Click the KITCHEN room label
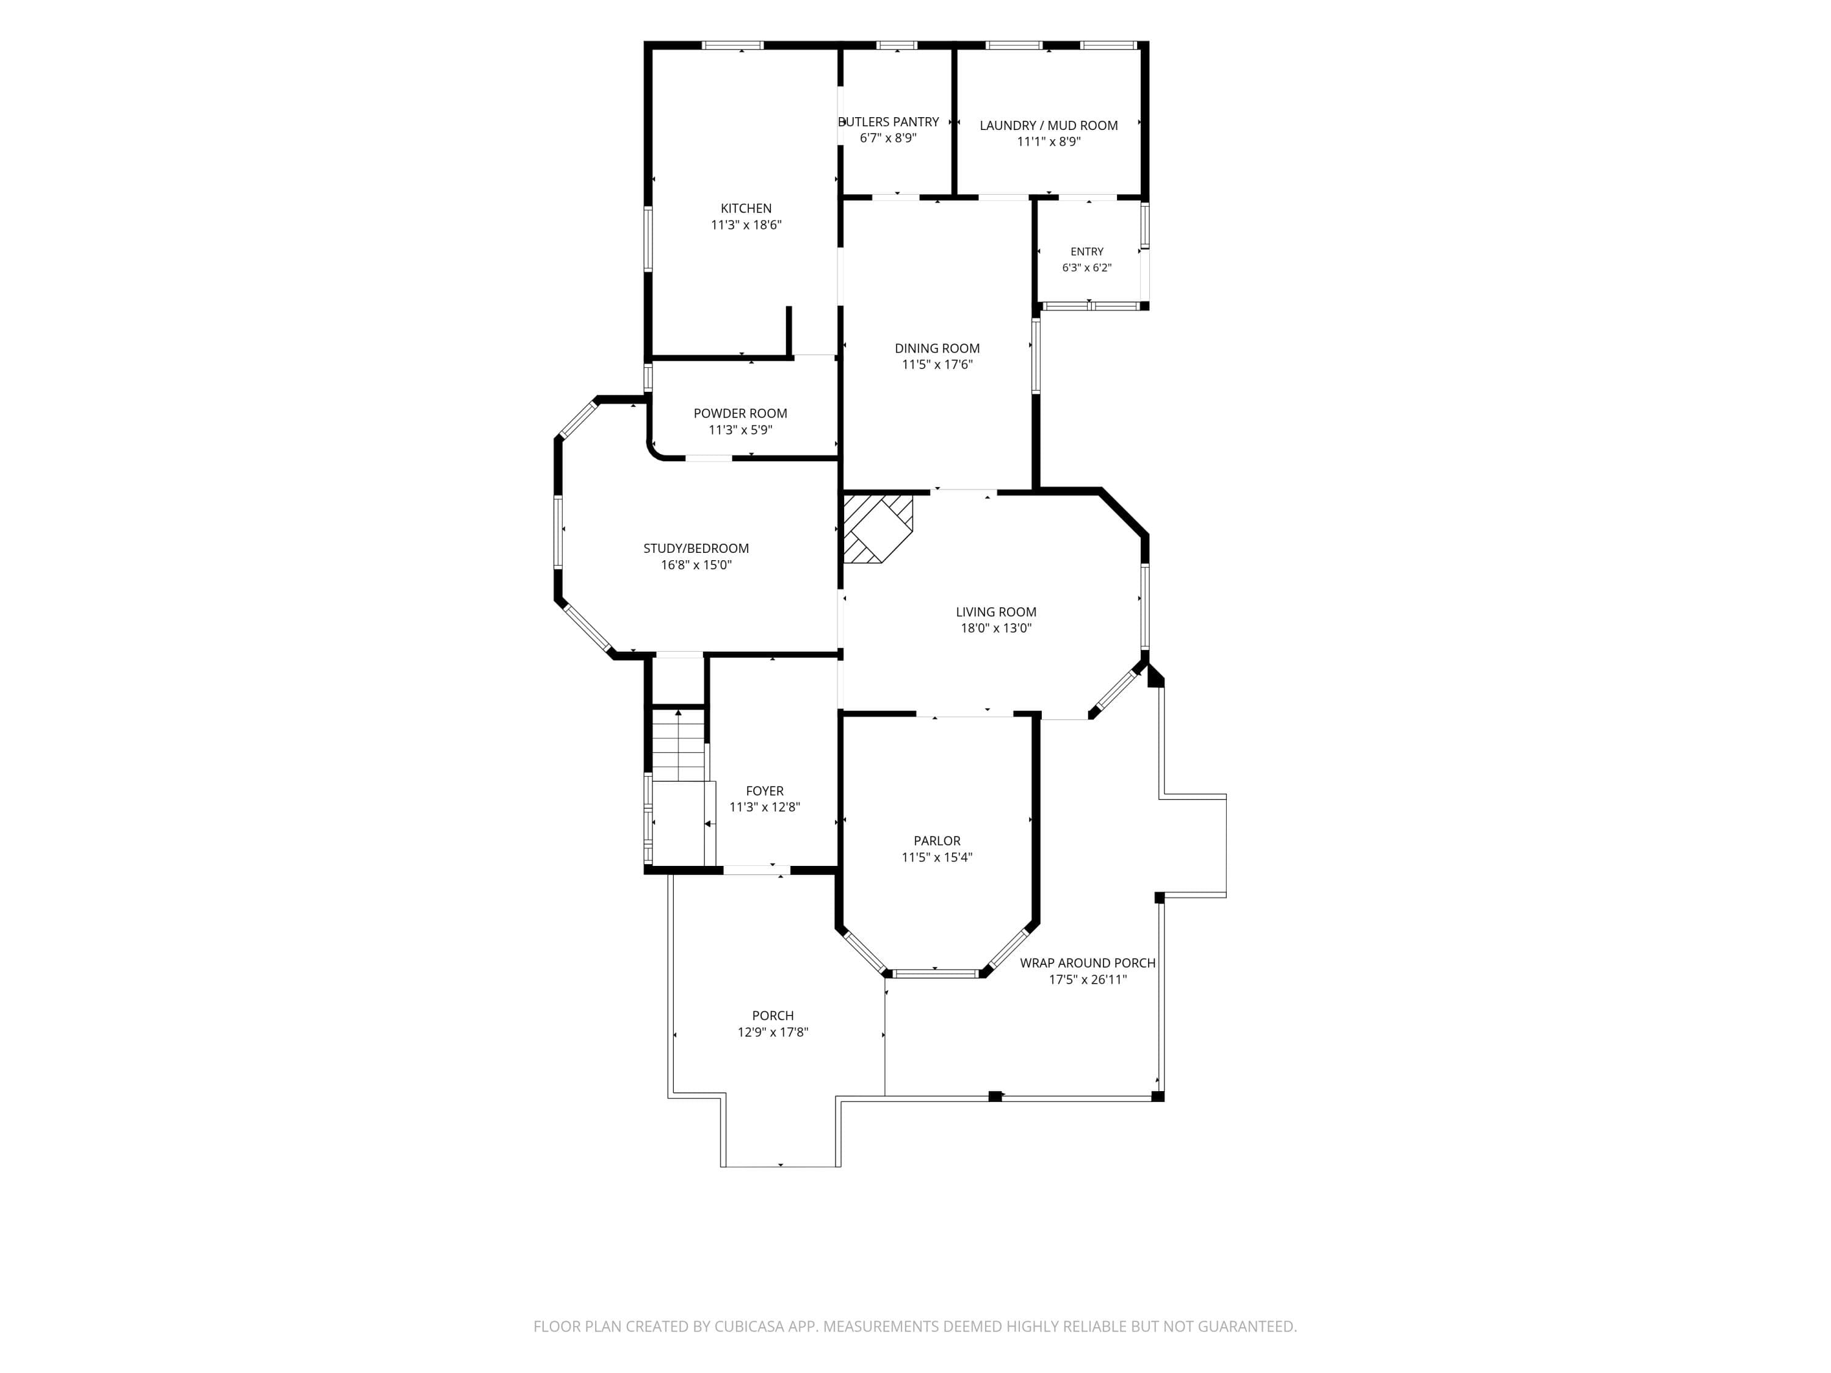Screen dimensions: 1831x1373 pos(746,209)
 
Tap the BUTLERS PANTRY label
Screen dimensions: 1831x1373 pos(888,121)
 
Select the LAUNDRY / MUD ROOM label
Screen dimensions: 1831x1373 pos(1049,126)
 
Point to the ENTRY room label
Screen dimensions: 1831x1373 pos(1087,251)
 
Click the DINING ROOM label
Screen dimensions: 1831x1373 pos(937,348)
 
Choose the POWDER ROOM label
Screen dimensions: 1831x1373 pos(740,414)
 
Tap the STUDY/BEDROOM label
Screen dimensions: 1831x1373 pos(696,549)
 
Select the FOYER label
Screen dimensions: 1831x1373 pos(764,791)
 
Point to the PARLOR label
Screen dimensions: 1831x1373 pos(937,841)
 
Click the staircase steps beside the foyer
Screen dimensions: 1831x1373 pos(679,746)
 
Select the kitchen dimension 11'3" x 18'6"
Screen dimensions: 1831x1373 pos(746,225)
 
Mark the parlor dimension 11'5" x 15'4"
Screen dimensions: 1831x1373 pos(937,857)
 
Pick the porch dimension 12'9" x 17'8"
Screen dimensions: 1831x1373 pos(772,1032)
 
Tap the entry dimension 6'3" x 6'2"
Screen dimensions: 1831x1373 pos(1087,268)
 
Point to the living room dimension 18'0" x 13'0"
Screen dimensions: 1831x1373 pos(996,628)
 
